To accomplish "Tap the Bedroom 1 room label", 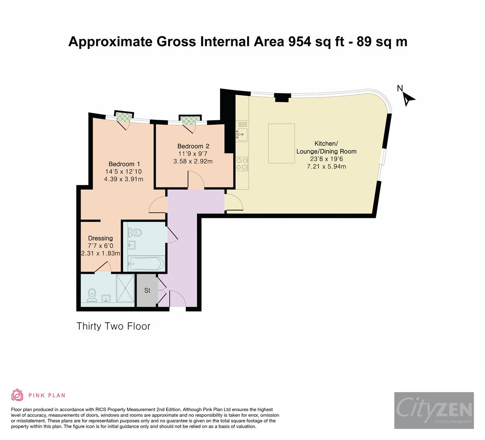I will [x=125, y=164].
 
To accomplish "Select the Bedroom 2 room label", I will [x=193, y=146].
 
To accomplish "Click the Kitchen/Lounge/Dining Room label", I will [x=326, y=147].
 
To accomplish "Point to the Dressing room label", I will [x=101, y=238].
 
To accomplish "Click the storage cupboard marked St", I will [x=147, y=291].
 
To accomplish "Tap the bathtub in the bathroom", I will [x=146, y=264].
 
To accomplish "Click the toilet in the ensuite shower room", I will [x=92, y=295].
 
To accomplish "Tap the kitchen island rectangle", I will [x=282, y=143].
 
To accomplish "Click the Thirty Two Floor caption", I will [x=114, y=326].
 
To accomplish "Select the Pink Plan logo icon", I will [x=17, y=395].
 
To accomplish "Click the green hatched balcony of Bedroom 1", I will [x=123, y=117].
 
